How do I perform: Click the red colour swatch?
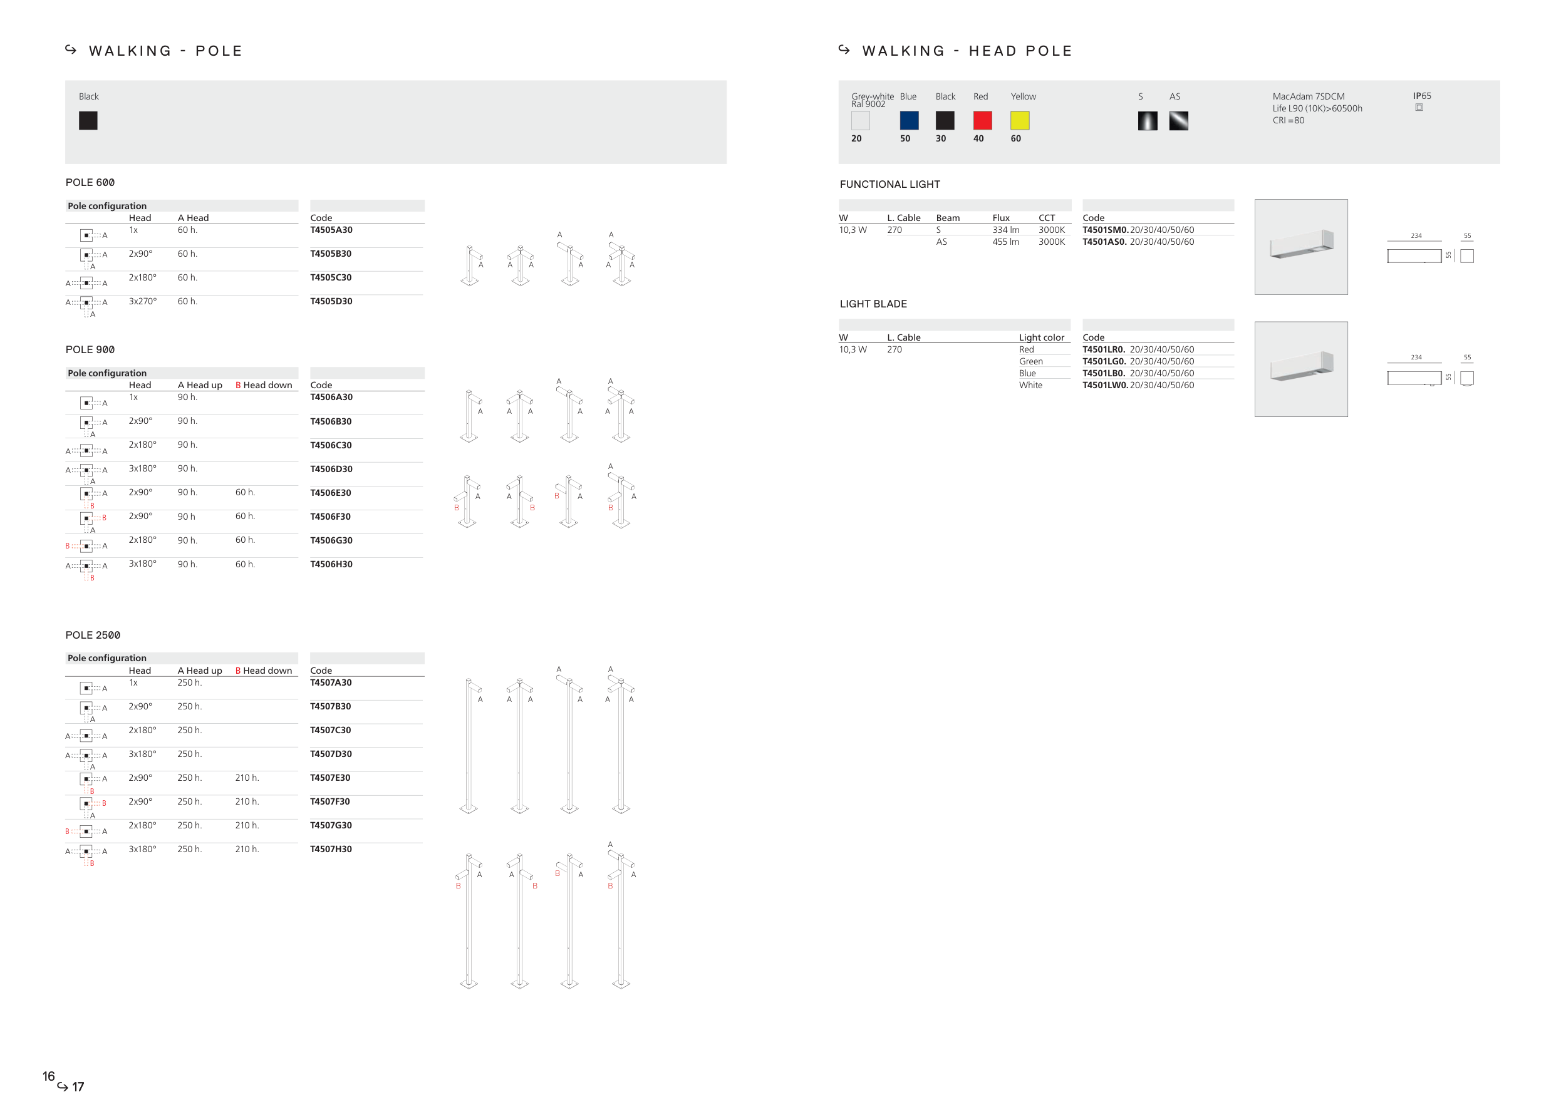(x=982, y=121)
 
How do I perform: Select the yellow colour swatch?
(x=1020, y=121)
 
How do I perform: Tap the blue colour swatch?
(x=909, y=121)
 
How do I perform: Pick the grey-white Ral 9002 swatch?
(x=861, y=121)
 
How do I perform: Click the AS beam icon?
(x=1179, y=121)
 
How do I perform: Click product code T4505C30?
(x=331, y=277)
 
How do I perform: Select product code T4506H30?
(x=331, y=564)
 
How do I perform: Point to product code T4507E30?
(x=330, y=778)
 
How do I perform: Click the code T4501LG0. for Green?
(x=1104, y=361)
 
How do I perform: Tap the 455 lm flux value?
(x=1005, y=242)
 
